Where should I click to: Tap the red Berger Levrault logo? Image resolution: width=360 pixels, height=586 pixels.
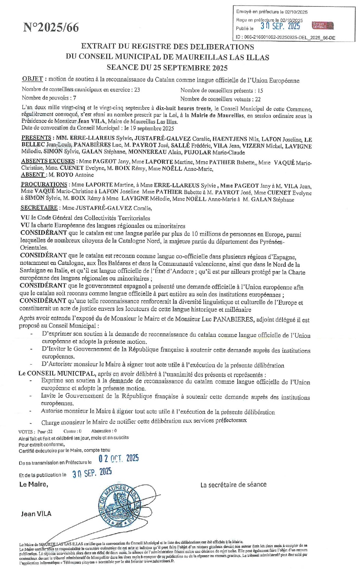tap(322, 26)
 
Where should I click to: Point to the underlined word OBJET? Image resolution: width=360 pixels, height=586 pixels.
tap(32, 79)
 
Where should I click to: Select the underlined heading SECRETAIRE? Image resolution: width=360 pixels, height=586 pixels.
tap(39, 208)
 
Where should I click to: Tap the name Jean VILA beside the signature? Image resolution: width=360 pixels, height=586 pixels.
tap(36, 514)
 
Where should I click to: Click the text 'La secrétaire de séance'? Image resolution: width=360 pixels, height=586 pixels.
tap(233, 485)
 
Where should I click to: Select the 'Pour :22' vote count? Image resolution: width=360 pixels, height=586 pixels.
tap(45, 432)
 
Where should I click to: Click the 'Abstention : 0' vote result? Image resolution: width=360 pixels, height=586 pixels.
tap(104, 431)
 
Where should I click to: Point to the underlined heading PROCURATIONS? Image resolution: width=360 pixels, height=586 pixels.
tap(44, 184)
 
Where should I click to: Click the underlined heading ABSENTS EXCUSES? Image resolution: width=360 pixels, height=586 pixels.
tap(48, 161)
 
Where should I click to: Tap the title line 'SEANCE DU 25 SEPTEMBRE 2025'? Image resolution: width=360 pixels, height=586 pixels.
tap(167, 68)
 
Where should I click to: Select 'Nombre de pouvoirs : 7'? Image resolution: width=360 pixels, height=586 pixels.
tap(49, 98)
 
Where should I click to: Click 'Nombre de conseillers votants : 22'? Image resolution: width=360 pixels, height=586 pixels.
tap(220, 99)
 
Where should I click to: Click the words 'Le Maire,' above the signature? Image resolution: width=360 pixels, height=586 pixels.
tap(34, 484)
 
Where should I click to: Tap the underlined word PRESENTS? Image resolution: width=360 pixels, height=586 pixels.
tap(36, 138)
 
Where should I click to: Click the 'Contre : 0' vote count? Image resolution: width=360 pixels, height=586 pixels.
tap(72, 431)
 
